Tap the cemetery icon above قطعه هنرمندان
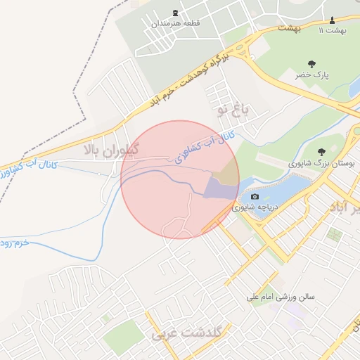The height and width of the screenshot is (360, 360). pos(175,13)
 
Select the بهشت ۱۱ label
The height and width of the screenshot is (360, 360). pos(333,30)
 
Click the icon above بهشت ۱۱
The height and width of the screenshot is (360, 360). pos(333,19)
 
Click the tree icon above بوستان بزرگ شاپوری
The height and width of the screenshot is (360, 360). pos(322,151)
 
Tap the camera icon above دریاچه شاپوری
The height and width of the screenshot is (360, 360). pos(255,196)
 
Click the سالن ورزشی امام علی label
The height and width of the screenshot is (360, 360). pos(280,297)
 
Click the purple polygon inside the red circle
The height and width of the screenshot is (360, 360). pos(220,188)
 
